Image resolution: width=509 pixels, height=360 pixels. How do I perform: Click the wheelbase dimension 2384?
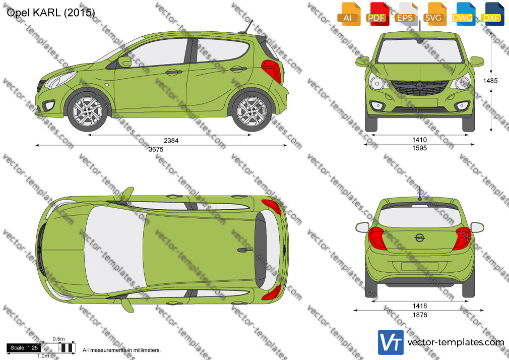[x=171, y=140]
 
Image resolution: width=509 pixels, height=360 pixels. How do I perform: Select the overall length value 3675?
[x=156, y=149]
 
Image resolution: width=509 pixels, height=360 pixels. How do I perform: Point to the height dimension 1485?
[x=490, y=81]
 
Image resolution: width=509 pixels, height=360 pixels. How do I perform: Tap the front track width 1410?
[x=419, y=140]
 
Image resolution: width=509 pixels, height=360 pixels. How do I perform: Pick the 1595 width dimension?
[x=419, y=148]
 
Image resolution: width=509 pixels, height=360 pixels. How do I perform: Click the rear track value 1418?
[x=420, y=306]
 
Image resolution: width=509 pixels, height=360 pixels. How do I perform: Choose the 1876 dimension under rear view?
[x=420, y=315]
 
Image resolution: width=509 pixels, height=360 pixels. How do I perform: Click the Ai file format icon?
[x=349, y=14]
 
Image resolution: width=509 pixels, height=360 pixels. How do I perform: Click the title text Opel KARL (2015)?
[x=50, y=13]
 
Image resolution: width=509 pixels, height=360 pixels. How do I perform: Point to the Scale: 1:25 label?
[x=24, y=348]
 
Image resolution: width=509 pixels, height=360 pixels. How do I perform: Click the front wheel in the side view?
[x=87, y=111]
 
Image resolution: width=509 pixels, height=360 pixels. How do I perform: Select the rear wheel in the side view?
[x=252, y=111]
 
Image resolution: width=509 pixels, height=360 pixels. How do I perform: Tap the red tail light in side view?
[x=272, y=70]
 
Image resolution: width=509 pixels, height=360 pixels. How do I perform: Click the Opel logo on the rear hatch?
[x=420, y=238]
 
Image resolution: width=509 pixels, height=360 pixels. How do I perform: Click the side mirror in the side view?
[x=124, y=62]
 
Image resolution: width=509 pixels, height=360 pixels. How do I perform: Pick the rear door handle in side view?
[x=238, y=69]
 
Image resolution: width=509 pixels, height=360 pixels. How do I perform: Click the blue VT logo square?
[x=391, y=342]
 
